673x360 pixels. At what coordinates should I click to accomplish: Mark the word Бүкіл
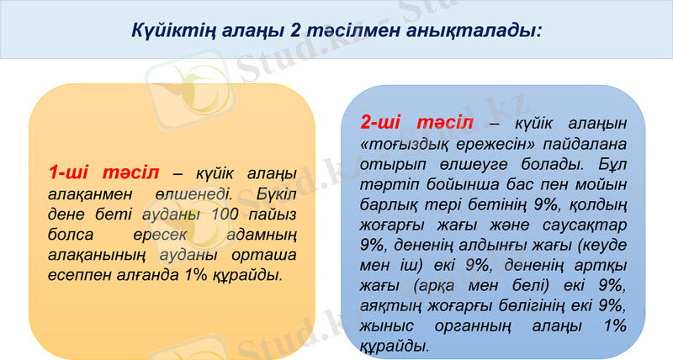pyautogui.click(x=276, y=193)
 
